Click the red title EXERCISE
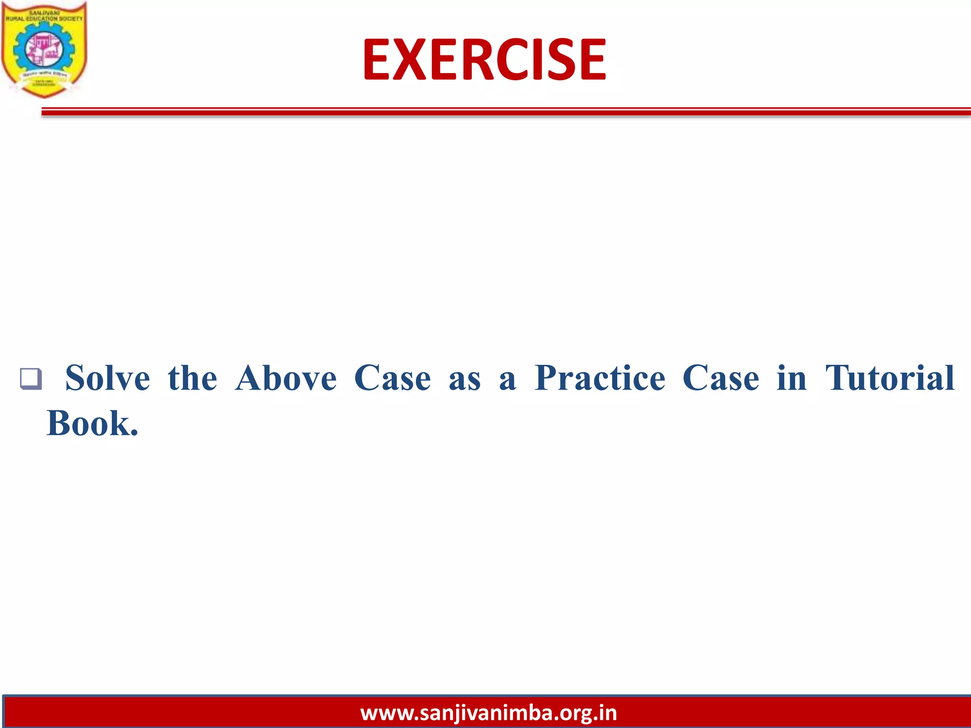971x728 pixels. pyautogui.click(x=484, y=60)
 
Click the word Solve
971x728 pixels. pyautogui.click(x=108, y=378)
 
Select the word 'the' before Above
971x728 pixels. pyautogui.click(x=192, y=378)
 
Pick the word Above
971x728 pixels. pyautogui.click(x=286, y=378)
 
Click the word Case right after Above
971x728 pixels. pyautogui.click(x=393, y=378)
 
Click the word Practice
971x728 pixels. pyautogui.click(x=600, y=378)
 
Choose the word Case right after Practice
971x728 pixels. pyautogui.click(x=721, y=378)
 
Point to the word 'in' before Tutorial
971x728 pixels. pyautogui.click(x=792, y=378)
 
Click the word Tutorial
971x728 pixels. pyautogui.click(x=890, y=378)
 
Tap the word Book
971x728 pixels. pyautogui.click(x=92, y=423)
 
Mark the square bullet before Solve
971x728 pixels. pyautogui.click(x=31, y=379)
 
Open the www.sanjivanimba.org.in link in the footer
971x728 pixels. pyautogui.click(x=488, y=713)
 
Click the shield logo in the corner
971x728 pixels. pyautogui.click(x=44, y=50)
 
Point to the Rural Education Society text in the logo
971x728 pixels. pyautogui.click(x=44, y=18)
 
